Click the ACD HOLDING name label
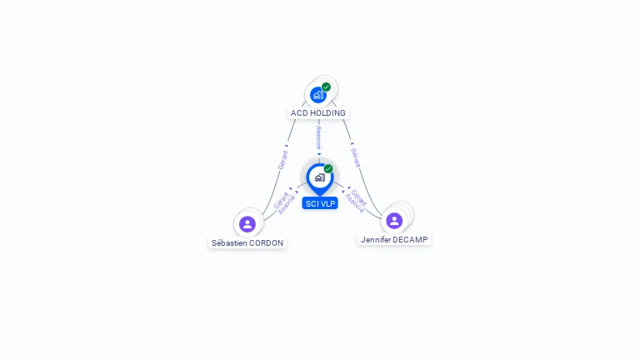click(x=318, y=113)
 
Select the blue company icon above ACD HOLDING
click(x=317, y=95)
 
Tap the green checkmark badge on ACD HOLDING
click(x=326, y=87)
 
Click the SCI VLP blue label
click(x=320, y=203)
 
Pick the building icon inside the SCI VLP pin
click(x=320, y=177)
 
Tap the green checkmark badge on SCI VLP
click(x=328, y=168)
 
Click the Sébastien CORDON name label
click(x=247, y=242)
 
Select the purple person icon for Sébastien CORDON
click(x=247, y=224)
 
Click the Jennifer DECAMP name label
click(x=394, y=240)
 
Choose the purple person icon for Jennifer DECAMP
click(x=394, y=221)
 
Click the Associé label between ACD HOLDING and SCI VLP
click(x=319, y=137)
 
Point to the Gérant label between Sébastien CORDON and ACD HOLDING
click(x=282, y=160)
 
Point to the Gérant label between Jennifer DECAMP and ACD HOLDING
click(x=356, y=157)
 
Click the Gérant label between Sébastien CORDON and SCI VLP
click(x=281, y=200)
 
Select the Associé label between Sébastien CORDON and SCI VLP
click(x=287, y=205)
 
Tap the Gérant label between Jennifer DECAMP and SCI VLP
click(x=359, y=197)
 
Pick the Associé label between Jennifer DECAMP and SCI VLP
click(x=354, y=202)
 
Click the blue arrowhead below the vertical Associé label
click(x=319, y=154)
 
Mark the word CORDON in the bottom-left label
click(x=266, y=242)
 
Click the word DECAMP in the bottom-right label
click(x=410, y=240)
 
